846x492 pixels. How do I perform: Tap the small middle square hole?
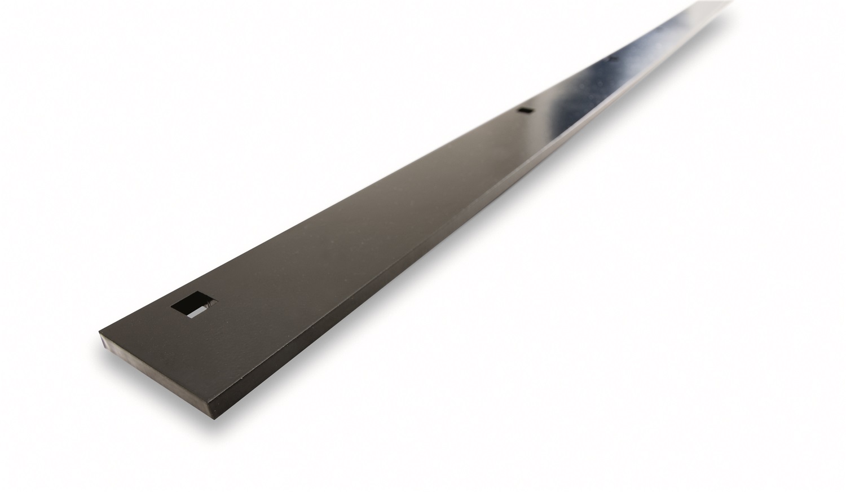525,111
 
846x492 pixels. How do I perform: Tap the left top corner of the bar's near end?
100,331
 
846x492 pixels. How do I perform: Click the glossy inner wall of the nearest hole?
206,305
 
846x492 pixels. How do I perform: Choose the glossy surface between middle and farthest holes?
570,85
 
